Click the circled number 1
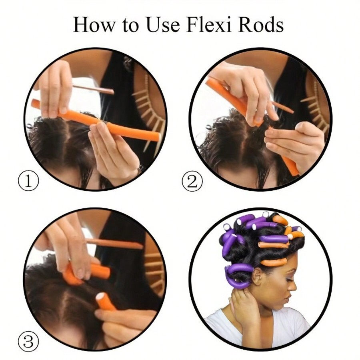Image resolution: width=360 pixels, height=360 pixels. pos(28,182)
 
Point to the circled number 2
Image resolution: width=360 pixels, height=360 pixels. pos(193,182)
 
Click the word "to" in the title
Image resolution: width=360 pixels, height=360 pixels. pos(129,25)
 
